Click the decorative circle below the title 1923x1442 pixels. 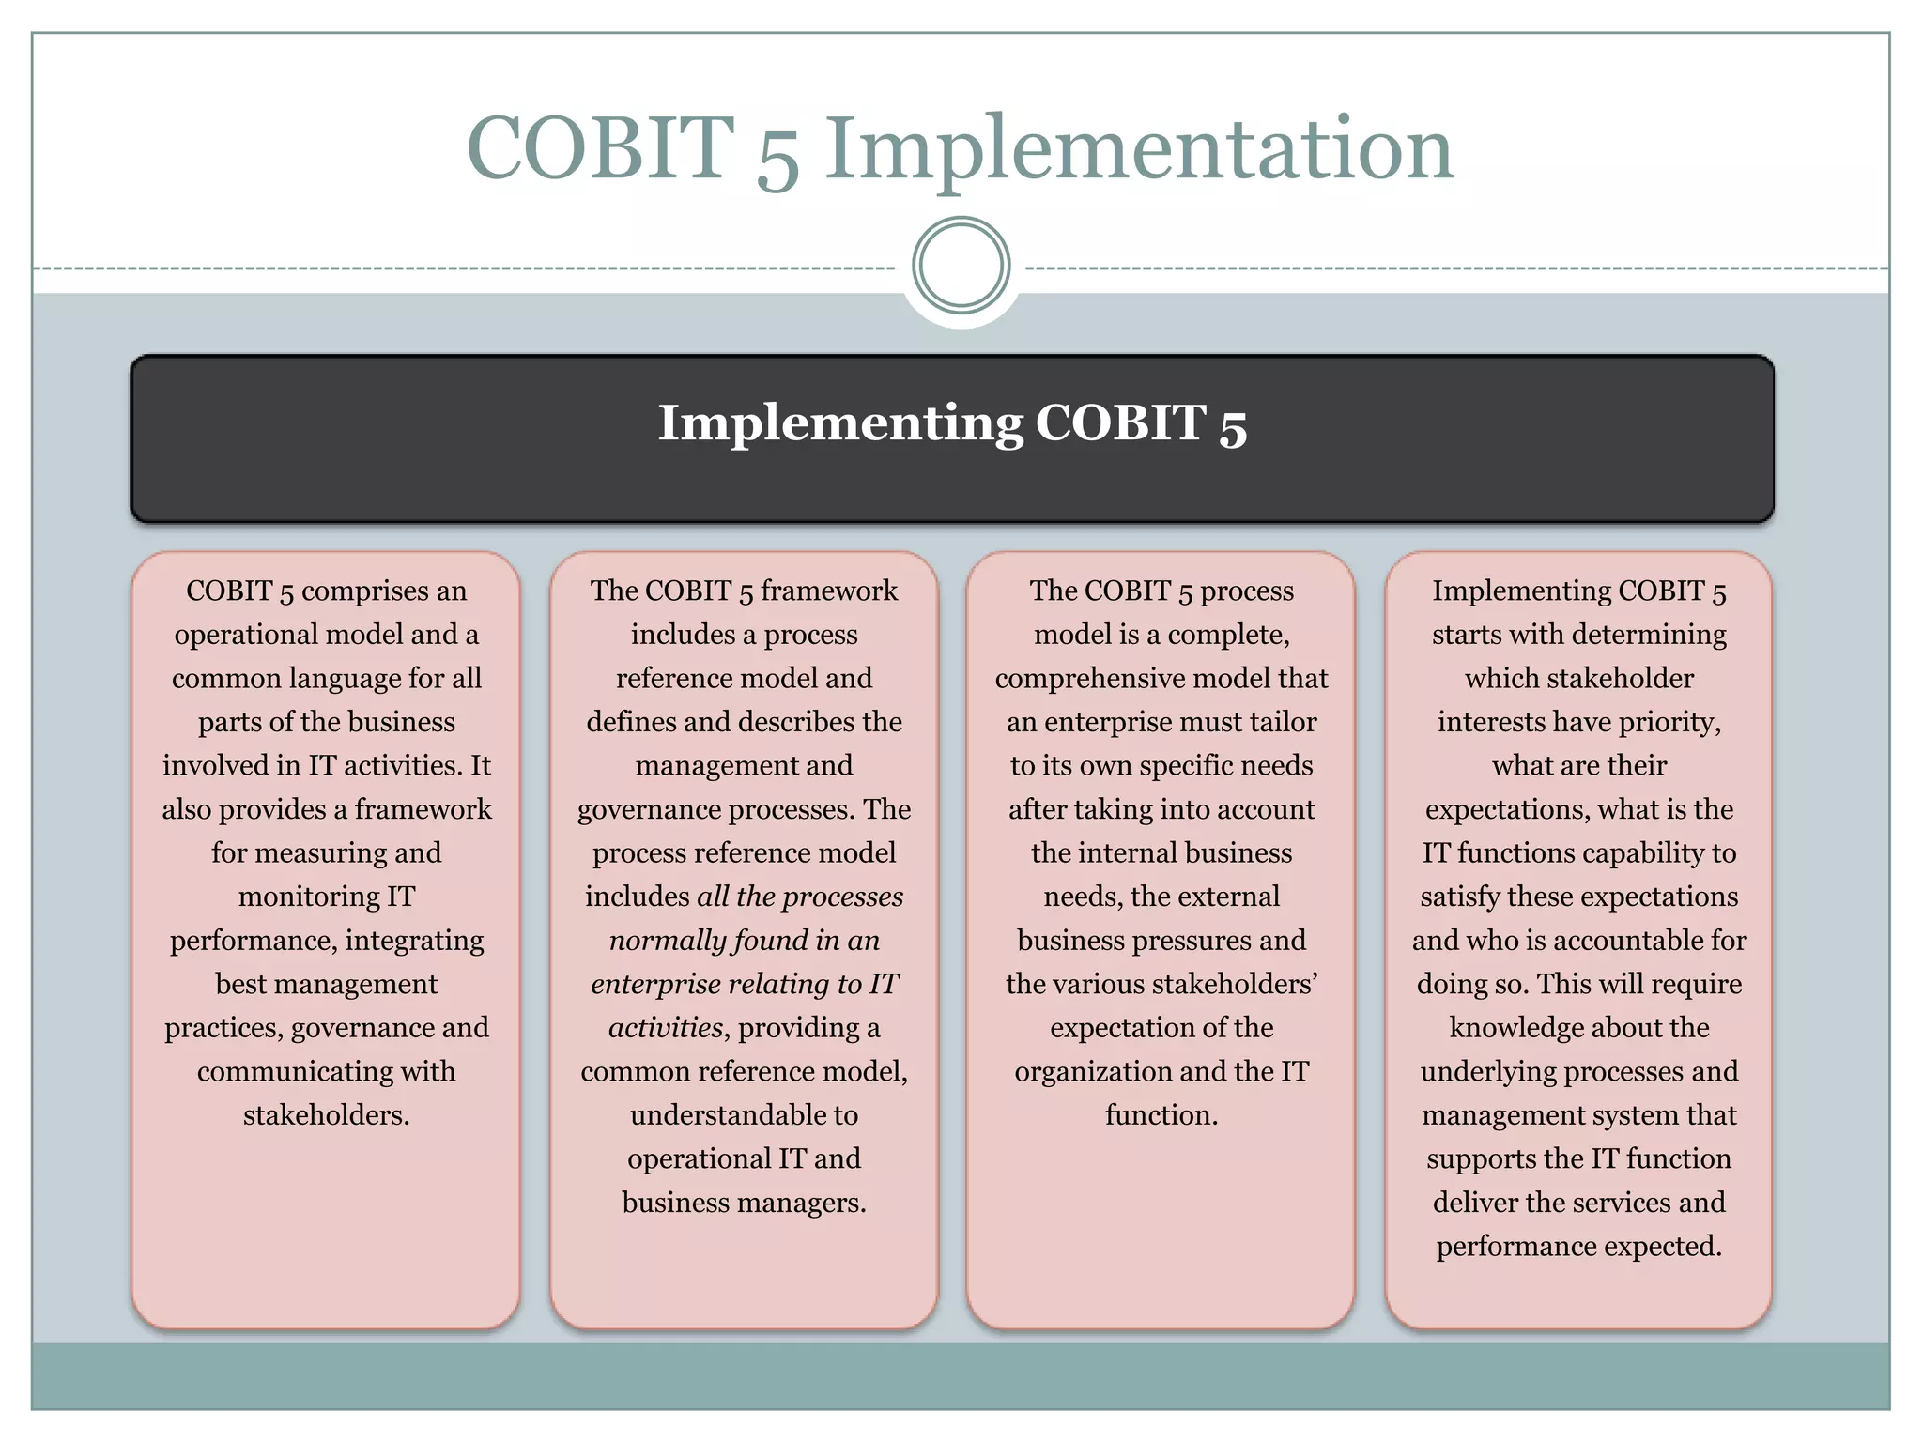tap(961, 266)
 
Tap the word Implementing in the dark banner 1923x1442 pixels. tap(839, 423)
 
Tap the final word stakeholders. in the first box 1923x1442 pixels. tap(327, 1115)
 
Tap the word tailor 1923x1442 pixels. tap(1283, 722)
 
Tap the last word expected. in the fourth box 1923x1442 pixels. tap(1664, 1247)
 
